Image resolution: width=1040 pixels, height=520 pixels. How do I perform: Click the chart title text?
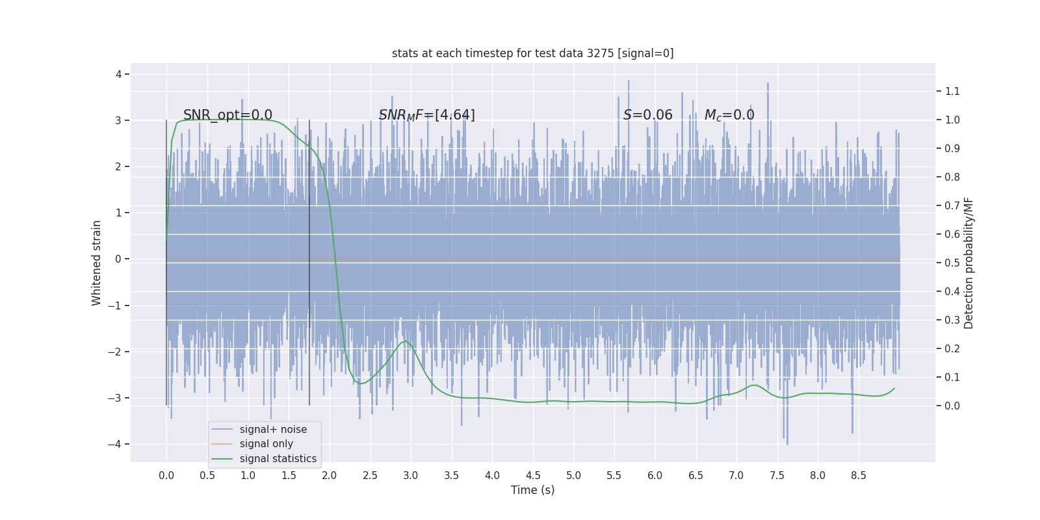[532, 53]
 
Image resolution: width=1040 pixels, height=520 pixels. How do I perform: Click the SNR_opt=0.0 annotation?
[227, 115]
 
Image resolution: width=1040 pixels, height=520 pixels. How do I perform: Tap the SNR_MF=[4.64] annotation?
[426, 115]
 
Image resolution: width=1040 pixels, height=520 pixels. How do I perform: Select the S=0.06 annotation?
[647, 115]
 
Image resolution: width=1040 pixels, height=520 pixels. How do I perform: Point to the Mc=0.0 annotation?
[729, 115]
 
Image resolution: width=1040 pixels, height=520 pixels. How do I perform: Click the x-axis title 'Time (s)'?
[532, 490]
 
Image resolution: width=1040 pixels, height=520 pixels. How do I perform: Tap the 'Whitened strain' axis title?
[97, 263]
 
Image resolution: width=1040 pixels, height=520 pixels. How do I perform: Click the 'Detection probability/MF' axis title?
[968, 263]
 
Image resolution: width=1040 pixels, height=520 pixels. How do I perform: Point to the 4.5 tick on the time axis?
[533, 475]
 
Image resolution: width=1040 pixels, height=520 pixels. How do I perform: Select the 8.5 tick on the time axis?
[858, 475]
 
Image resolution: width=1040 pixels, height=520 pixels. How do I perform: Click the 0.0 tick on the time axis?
[166, 475]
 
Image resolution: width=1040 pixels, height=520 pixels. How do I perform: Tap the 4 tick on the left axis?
[119, 74]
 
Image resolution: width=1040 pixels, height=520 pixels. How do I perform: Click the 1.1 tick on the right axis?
[952, 91]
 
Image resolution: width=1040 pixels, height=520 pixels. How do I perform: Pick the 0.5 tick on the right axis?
[952, 263]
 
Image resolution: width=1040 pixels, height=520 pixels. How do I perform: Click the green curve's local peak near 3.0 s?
[406, 341]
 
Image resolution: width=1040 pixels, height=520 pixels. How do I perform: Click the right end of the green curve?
[894, 389]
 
